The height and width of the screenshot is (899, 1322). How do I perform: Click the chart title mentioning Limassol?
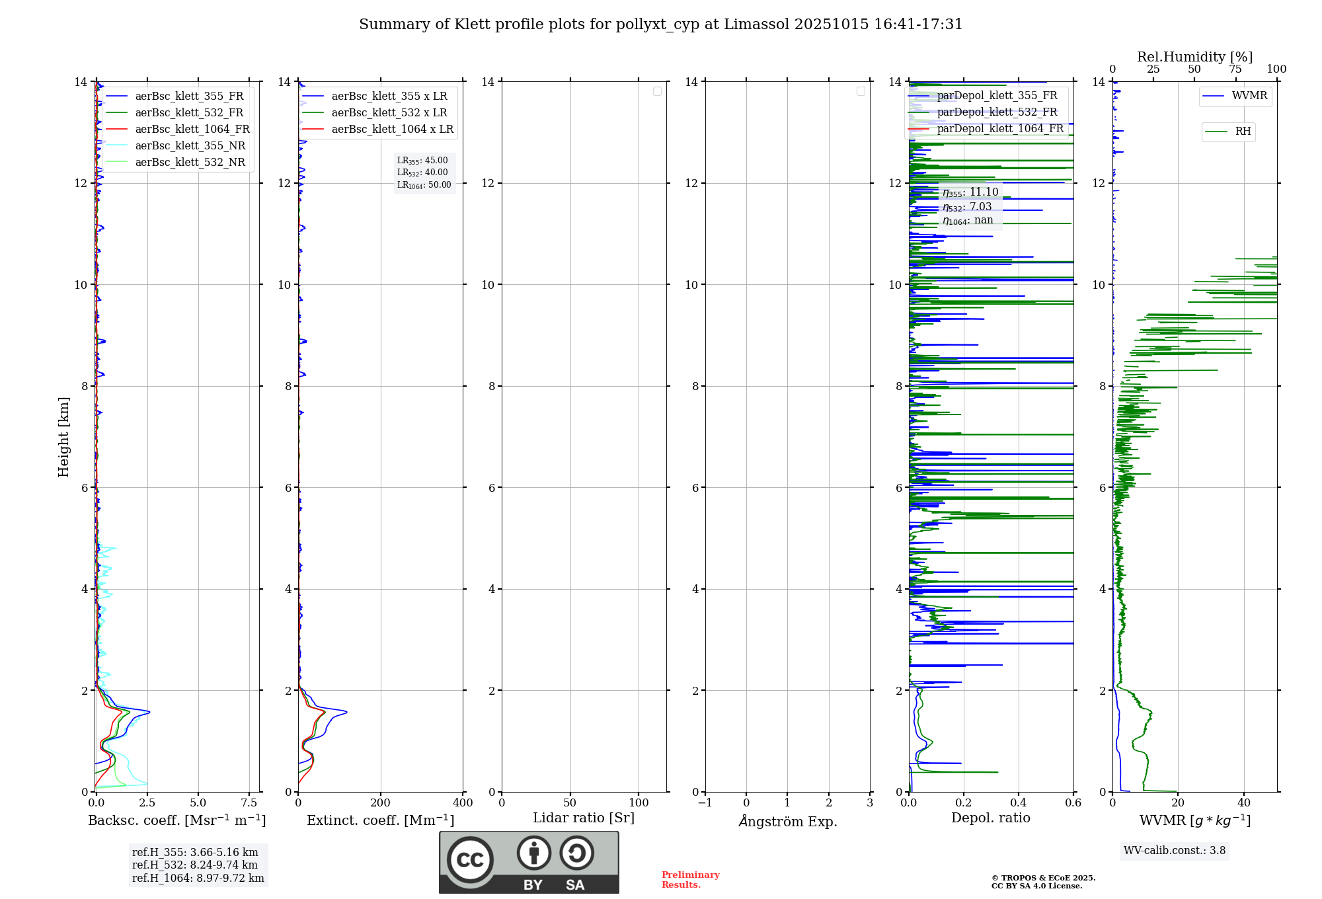tap(660, 24)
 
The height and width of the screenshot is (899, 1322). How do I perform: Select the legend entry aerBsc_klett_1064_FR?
tap(192, 130)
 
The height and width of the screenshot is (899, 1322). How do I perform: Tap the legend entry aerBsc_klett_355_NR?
tap(190, 146)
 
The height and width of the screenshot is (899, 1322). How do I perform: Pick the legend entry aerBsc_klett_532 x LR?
tap(389, 113)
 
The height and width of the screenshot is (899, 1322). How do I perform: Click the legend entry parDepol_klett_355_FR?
tap(996, 96)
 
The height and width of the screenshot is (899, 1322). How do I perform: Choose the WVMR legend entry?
tap(1249, 96)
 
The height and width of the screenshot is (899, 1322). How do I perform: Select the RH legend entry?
tap(1243, 132)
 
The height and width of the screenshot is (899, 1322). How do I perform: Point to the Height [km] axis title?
tap(63, 436)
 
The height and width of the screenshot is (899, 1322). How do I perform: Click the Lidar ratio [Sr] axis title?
tap(584, 818)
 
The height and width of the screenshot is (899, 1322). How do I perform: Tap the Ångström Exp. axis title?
tap(787, 822)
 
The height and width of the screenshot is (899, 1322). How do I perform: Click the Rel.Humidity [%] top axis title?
tap(1194, 57)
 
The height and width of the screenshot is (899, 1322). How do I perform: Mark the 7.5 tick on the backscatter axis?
tap(249, 803)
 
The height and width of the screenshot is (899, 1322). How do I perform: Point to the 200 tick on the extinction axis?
tap(381, 803)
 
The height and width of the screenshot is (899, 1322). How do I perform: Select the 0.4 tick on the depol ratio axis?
tap(1019, 803)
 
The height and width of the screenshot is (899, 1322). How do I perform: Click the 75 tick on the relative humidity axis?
tap(1235, 69)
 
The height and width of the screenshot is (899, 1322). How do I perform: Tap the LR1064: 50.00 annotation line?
tap(424, 185)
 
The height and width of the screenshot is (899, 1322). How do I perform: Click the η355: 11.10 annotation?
tap(970, 192)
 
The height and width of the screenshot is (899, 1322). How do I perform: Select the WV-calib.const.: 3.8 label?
tap(1175, 851)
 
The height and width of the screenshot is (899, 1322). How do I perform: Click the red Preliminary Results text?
tap(690, 880)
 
